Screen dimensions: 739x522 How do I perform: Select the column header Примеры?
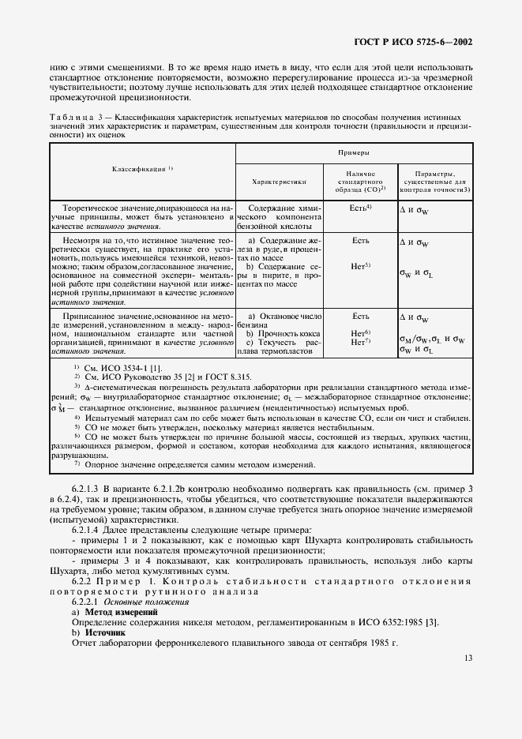click(x=355, y=152)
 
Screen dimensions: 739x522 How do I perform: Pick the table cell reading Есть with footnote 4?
click(x=360, y=207)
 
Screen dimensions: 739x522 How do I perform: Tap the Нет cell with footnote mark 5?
click(x=360, y=266)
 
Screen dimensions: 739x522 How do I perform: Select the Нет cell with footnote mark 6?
click(x=360, y=333)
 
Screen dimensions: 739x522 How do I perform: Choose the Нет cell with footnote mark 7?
click(x=360, y=342)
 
